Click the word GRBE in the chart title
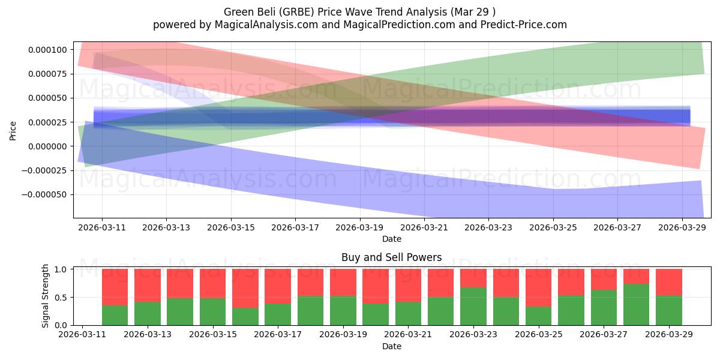(x=296, y=12)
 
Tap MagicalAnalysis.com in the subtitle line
(x=266, y=25)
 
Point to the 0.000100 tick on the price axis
(x=47, y=50)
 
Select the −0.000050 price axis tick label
(x=44, y=195)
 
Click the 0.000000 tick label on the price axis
(x=47, y=146)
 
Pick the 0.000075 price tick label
(x=47, y=74)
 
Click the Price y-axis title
(x=13, y=131)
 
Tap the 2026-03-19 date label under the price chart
(x=359, y=227)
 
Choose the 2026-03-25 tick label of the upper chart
(x=553, y=227)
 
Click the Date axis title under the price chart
(x=391, y=239)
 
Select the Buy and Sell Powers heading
(x=391, y=257)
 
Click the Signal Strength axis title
(x=45, y=296)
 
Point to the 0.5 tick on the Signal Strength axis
(x=61, y=298)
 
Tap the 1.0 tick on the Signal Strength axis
(x=61, y=269)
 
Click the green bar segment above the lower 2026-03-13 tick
(x=148, y=313)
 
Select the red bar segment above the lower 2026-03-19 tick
(x=343, y=282)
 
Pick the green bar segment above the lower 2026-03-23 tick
(x=473, y=307)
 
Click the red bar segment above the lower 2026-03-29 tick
(x=669, y=282)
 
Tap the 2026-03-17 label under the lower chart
(x=278, y=334)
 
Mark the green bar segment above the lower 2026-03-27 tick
(x=604, y=308)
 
